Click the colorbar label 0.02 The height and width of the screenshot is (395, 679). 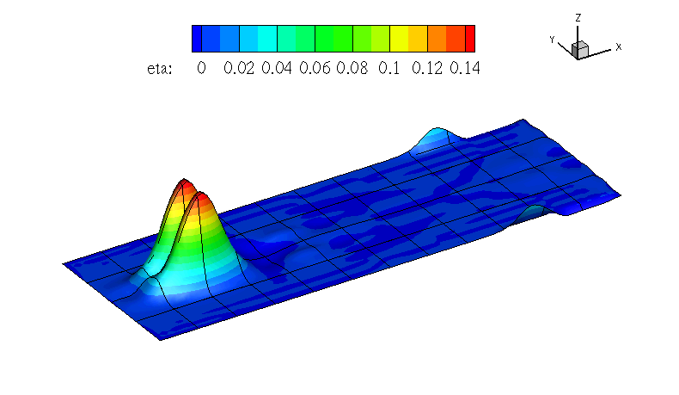point(239,68)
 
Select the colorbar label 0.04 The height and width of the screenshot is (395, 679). point(276,68)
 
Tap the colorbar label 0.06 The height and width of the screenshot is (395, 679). point(315,68)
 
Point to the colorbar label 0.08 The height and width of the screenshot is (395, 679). point(352,68)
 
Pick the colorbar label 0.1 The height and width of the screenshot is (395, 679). point(388,68)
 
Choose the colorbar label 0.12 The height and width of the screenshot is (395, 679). point(427,68)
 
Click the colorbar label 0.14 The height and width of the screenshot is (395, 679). point(465,68)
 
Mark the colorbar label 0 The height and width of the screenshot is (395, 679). point(201,68)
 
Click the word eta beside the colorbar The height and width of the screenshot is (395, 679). point(159,69)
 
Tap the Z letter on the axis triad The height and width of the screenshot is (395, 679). point(578,18)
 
